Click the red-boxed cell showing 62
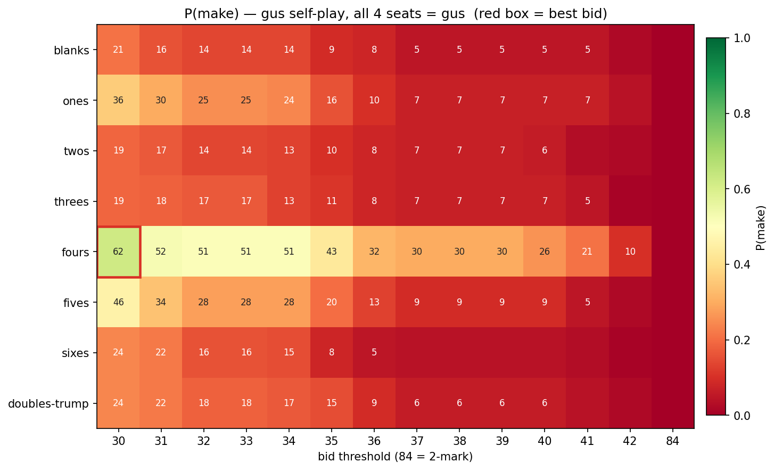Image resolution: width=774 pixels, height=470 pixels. pyautogui.click(x=119, y=252)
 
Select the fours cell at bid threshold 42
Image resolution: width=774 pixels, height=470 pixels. pyautogui.click(x=630, y=252)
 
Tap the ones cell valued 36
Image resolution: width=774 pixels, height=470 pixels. pyautogui.click(x=119, y=100)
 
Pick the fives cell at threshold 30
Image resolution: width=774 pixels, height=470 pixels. pyautogui.click(x=119, y=302)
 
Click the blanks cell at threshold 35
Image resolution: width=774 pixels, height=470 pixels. pyautogui.click(x=332, y=50)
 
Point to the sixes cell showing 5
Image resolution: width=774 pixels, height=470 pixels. pyautogui.click(x=374, y=352)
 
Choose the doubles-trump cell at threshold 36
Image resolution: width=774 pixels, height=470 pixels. pyautogui.click(x=374, y=403)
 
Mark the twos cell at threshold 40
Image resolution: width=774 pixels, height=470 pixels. pyautogui.click(x=545, y=151)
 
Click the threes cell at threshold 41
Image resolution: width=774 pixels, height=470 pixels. pyautogui.click(x=587, y=201)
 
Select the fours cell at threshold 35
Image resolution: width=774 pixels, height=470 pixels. pyautogui.click(x=332, y=252)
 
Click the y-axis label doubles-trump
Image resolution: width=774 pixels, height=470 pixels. pyautogui.click(x=48, y=403)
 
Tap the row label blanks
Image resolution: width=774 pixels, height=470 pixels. pyautogui.click(x=71, y=51)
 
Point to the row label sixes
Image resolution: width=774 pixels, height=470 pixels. pyautogui.click(x=75, y=353)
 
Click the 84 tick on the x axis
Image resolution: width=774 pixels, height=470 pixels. pyautogui.click(x=672, y=441)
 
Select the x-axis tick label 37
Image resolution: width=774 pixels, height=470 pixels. pyautogui.click(x=417, y=441)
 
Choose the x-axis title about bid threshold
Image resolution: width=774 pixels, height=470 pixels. pyautogui.click(x=395, y=457)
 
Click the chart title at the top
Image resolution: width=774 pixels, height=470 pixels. pyautogui.click(x=396, y=13)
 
